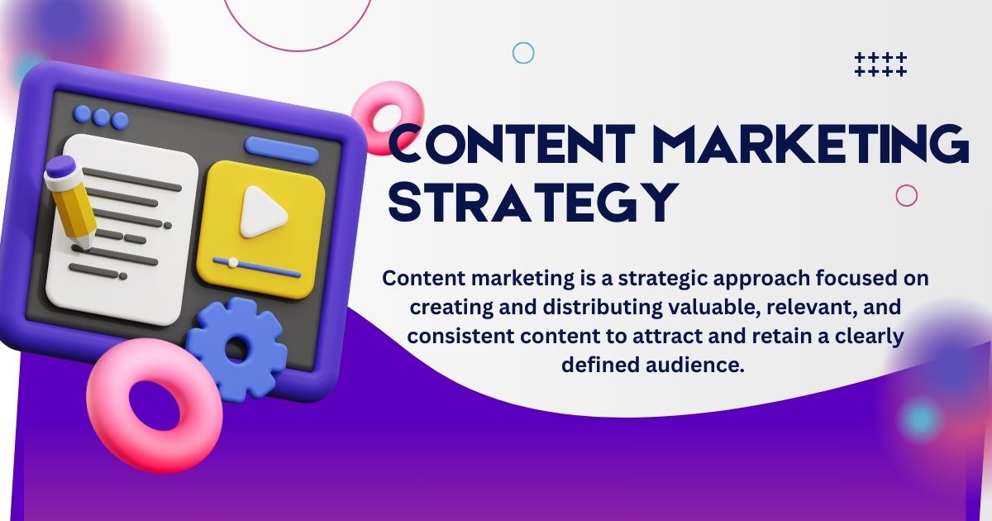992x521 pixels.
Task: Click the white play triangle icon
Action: point(263,213)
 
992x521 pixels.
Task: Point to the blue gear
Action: point(236,348)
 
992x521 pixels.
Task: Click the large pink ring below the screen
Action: point(154,405)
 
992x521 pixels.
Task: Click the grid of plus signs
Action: point(880,65)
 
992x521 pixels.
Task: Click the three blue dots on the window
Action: point(101,116)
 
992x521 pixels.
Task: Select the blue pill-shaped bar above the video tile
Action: point(282,150)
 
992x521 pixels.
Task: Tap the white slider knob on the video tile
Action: point(232,263)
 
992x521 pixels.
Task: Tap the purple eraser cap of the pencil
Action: point(60,169)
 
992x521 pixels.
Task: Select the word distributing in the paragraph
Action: point(603,308)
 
